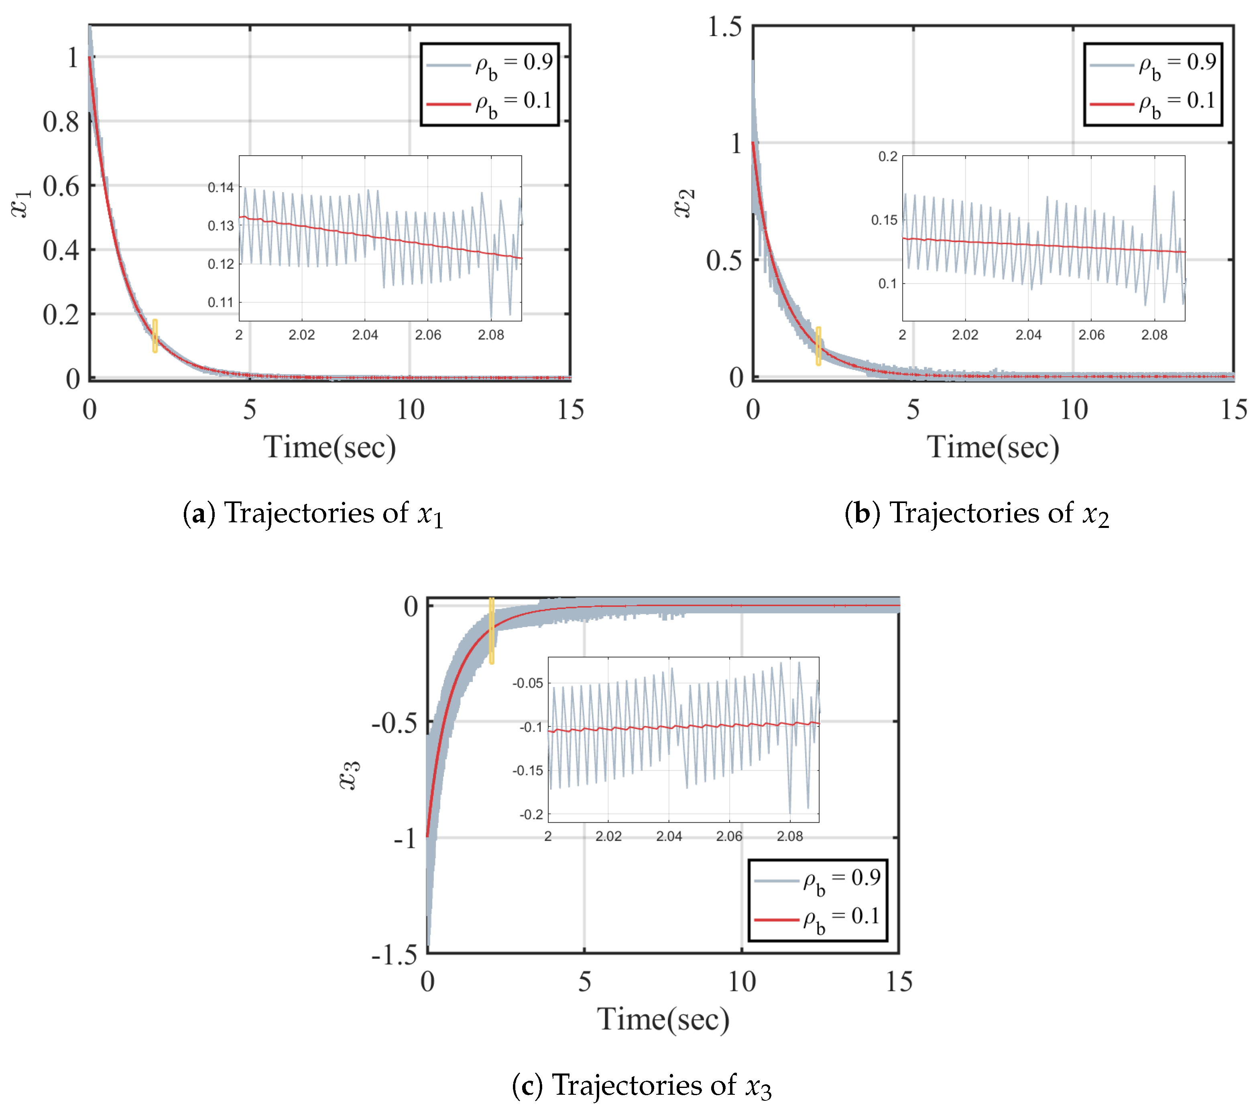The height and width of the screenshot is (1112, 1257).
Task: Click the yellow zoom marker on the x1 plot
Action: tap(155, 336)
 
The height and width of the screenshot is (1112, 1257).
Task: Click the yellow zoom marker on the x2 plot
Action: tap(818, 346)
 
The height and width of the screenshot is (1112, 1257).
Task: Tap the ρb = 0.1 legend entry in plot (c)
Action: tap(818, 919)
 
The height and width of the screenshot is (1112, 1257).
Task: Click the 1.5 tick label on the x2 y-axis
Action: tap(724, 27)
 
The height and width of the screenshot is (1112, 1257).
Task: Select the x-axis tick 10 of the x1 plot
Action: tap(410, 410)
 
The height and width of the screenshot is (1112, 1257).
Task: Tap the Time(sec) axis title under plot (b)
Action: tap(993, 447)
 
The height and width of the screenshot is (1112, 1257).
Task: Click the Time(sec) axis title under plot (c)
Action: tap(663, 1019)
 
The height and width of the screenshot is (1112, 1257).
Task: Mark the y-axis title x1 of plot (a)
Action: tap(22, 203)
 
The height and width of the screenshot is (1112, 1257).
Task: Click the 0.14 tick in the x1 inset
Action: tap(221, 187)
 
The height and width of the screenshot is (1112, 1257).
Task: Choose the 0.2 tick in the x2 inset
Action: tap(887, 157)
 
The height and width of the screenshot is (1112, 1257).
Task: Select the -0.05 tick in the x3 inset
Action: tap(528, 683)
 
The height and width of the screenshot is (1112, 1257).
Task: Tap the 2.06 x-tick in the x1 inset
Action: tap(428, 335)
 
